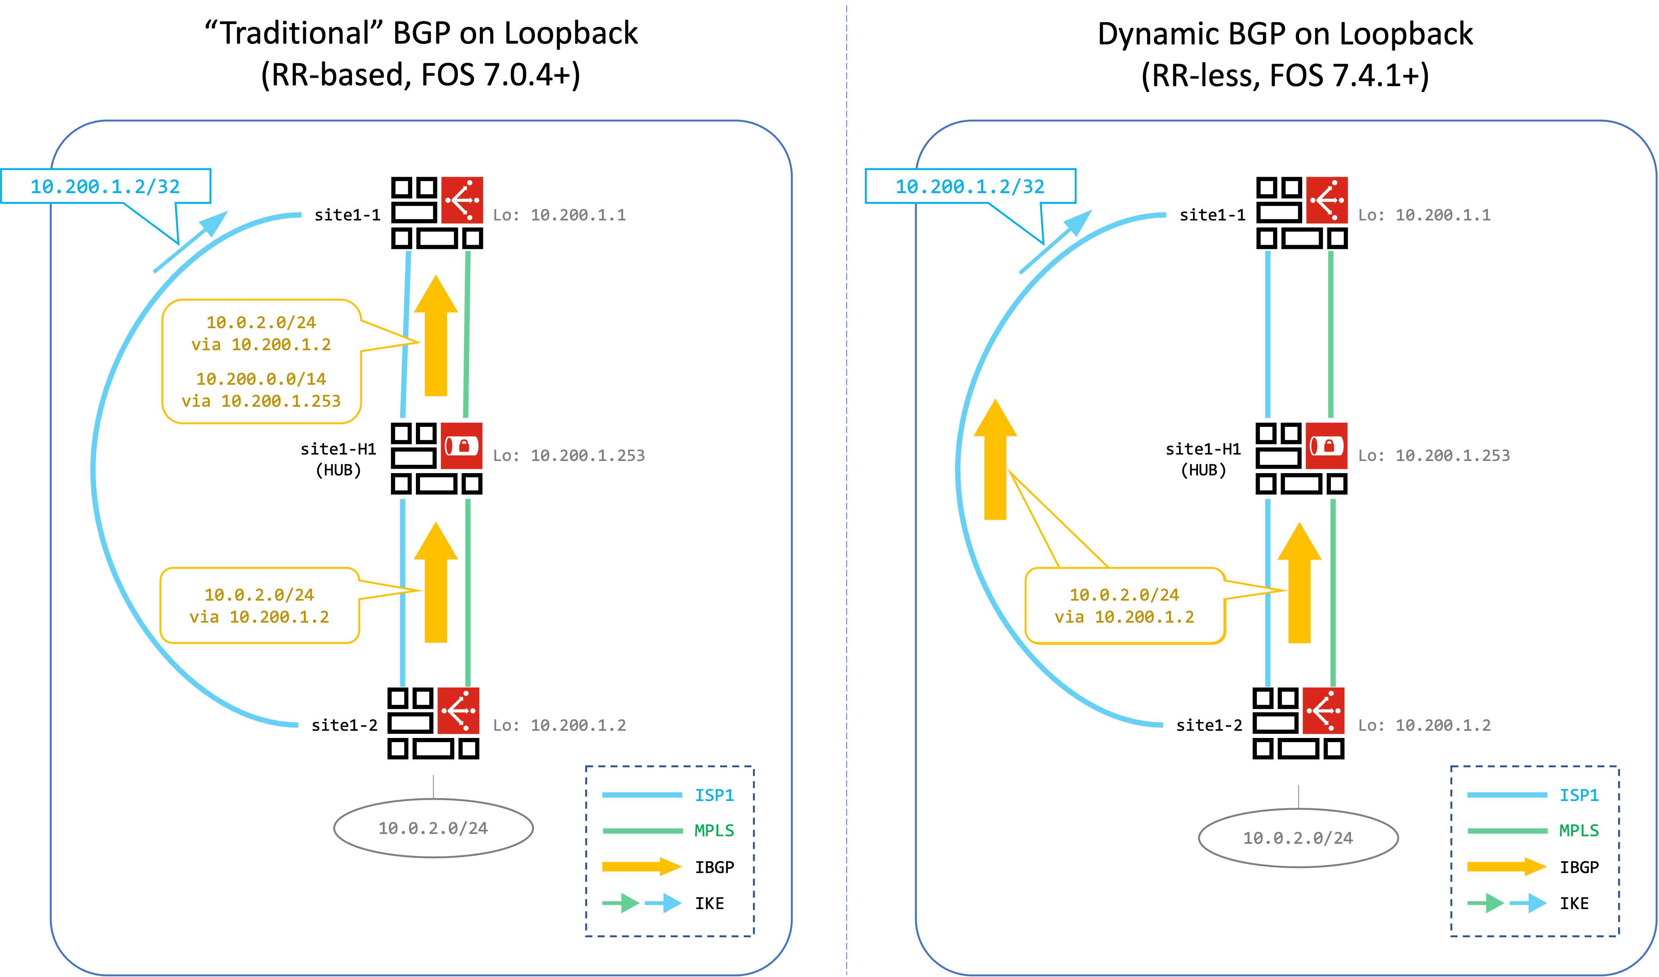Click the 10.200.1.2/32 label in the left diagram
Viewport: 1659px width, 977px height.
[x=105, y=186]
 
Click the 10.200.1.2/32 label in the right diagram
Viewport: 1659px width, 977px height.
[x=970, y=186]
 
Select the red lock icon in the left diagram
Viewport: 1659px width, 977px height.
[x=461, y=446]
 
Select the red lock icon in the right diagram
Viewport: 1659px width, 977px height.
[x=1327, y=446]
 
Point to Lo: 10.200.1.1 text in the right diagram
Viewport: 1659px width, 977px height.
[x=1424, y=215]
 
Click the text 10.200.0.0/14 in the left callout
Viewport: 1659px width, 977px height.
[x=261, y=379]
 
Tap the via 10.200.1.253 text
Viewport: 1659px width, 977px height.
[x=261, y=401]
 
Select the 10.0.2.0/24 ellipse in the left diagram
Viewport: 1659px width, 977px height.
[x=433, y=828]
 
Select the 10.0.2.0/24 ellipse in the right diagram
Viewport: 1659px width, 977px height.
[x=1298, y=838]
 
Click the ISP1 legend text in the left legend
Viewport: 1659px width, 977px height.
[x=714, y=795]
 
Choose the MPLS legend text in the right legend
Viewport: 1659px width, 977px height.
[x=1579, y=831]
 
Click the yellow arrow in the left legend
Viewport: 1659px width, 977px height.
[x=642, y=866]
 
